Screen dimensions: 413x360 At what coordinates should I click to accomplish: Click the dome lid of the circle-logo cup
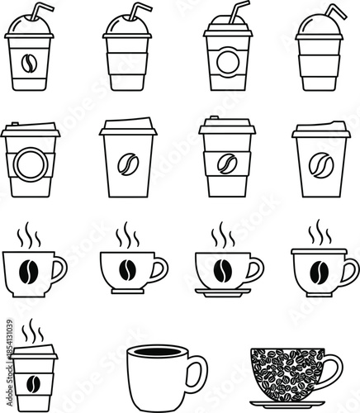(x=225, y=26)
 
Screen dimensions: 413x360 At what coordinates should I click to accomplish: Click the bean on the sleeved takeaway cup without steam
(x=226, y=164)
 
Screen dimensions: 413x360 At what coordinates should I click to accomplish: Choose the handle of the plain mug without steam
(x=197, y=373)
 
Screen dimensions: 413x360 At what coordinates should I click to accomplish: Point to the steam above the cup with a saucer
(x=221, y=235)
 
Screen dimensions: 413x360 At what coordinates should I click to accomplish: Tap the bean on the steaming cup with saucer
(x=221, y=270)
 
